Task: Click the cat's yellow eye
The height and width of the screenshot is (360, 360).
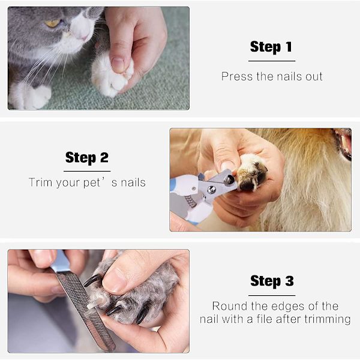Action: [53, 23]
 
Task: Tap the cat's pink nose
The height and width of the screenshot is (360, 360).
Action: [84, 37]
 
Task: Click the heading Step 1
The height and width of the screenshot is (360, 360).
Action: [271, 47]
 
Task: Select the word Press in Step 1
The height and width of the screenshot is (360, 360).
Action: [237, 76]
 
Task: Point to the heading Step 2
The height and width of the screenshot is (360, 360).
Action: [87, 158]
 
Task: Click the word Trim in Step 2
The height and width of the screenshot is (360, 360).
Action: [40, 182]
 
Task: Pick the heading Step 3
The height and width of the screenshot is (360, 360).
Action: [272, 281]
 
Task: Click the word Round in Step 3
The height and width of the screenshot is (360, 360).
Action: [230, 306]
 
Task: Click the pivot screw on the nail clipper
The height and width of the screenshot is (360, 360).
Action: [211, 190]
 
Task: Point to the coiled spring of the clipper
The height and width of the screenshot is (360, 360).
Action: [191, 201]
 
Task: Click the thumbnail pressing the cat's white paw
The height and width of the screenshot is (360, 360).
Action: [118, 65]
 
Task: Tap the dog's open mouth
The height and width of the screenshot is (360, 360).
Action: [344, 144]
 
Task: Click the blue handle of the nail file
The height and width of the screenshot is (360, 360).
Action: [60, 262]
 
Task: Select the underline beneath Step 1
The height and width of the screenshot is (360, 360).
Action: [272, 61]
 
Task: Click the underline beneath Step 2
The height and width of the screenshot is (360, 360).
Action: [87, 171]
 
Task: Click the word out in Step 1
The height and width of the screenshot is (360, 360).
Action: [314, 77]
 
